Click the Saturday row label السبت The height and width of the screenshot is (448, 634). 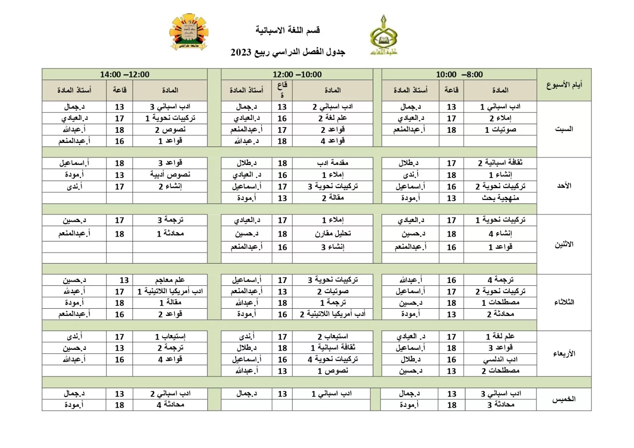pyautogui.click(x=564, y=129)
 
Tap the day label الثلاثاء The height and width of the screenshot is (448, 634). pyautogui.click(x=564, y=302)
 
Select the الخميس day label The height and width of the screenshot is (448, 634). pyautogui.click(x=564, y=399)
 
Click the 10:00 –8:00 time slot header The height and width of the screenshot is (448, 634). pyautogui.click(x=459, y=75)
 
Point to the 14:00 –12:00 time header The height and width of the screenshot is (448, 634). pyautogui.click(x=125, y=75)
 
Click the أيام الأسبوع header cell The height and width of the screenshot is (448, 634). pyautogui.click(x=564, y=85)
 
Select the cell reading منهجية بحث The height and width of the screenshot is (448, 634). pyautogui.click(x=500, y=198)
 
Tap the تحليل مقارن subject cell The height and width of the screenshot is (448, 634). pyautogui.click(x=332, y=234)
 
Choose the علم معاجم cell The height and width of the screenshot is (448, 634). pyautogui.click(x=170, y=280)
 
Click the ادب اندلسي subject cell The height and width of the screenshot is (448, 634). pyautogui.click(x=500, y=360)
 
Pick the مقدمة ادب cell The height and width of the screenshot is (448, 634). pyautogui.click(x=332, y=163)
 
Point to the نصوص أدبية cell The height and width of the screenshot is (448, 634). pyautogui.click(x=170, y=175)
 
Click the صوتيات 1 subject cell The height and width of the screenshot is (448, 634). pyautogui.click(x=500, y=130)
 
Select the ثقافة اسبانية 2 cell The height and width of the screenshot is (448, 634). pyautogui.click(x=500, y=163)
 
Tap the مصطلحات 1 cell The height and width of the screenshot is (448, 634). pyautogui.click(x=500, y=303)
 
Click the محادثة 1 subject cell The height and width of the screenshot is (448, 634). pyautogui.click(x=170, y=234)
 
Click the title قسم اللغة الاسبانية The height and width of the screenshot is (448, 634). pyautogui.click(x=288, y=30)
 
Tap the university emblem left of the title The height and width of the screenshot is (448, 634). pyautogui.click(x=188, y=32)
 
